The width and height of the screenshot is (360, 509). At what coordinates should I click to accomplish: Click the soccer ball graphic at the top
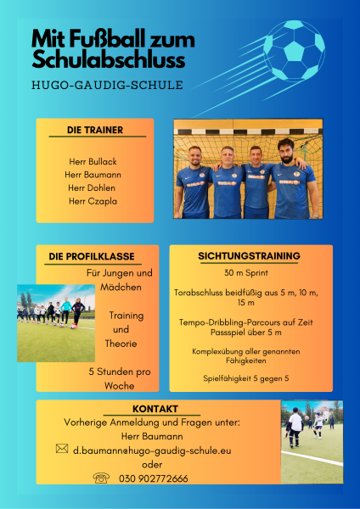294,51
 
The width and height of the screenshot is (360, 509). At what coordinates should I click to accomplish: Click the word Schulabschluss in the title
109,60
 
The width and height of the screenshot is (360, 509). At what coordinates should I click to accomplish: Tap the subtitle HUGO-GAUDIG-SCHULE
107,85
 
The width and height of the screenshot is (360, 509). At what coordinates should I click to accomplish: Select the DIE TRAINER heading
95,130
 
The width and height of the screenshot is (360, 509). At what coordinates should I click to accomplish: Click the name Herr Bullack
93,161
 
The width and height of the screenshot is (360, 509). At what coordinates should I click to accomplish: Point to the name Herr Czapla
93,201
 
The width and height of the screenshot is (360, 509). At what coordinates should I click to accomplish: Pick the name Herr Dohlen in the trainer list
92,187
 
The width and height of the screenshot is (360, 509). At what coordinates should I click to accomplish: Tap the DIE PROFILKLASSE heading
92,256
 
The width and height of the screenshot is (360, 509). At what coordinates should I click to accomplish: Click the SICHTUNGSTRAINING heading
250,256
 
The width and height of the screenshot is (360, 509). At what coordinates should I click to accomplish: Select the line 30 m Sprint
246,273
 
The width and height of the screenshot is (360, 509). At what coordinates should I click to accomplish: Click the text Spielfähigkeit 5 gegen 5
246,378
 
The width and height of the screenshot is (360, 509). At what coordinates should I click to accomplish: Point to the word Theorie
121,344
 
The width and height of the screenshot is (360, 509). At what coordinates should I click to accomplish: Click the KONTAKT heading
155,409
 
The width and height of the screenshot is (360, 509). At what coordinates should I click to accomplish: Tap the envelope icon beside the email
62,449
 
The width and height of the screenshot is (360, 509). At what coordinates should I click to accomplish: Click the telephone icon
101,478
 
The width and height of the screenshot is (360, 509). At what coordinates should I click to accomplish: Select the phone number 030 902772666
154,478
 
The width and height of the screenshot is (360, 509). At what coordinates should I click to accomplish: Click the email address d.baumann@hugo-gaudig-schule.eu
152,450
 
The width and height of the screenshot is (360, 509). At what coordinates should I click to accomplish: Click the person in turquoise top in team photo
66,310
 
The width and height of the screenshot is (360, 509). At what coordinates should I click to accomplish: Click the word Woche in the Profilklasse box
120,386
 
